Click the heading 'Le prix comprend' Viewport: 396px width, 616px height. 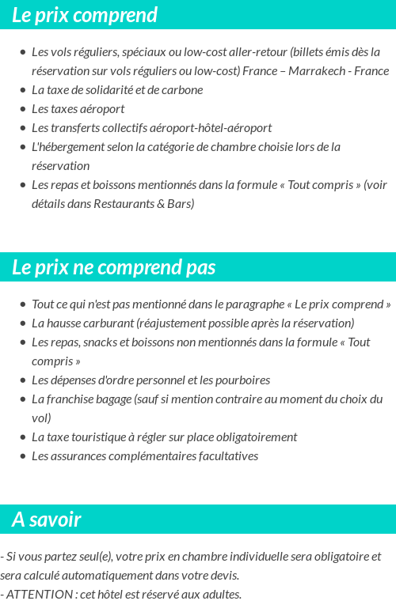point(85,15)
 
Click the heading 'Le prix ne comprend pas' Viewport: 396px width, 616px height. point(113,267)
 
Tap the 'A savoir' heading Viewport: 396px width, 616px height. point(47,520)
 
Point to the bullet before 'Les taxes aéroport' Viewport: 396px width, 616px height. point(22,109)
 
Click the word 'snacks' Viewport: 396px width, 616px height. point(101,342)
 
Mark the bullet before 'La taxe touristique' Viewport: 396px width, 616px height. point(22,437)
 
